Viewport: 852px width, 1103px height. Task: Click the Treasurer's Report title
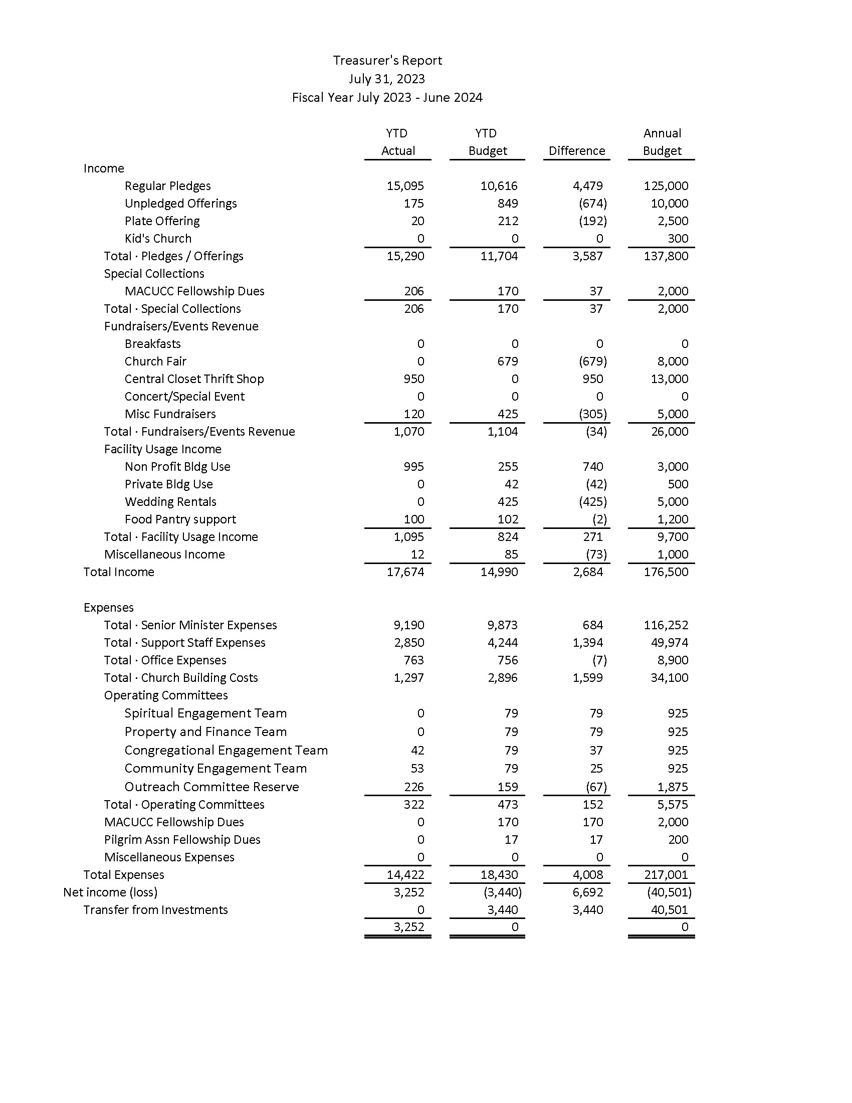pyautogui.click(x=387, y=61)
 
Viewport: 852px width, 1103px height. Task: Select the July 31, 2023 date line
pyautogui.click(x=386, y=79)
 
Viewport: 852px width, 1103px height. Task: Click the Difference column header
pyautogui.click(x=576, y=151)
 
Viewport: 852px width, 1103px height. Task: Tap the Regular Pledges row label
pyautogui.click(x=167, y=186)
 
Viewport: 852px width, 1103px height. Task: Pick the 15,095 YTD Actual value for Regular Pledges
pyautogui.click(x=405, y=186)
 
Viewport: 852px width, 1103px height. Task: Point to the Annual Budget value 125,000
pyautogui.click(x=666, y=186)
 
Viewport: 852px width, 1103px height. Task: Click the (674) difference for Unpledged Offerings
pyautogui.click(x=592, y=204)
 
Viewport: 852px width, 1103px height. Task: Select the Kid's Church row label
pyautogui.click(x=158, y=238)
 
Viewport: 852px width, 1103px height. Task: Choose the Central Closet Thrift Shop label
pyautogui.click(x=194, y=379)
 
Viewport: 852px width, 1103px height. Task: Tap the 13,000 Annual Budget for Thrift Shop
pyautogui.click(x=669, y=379)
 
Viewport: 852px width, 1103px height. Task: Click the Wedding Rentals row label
pyautogui.click(x=170, y=501)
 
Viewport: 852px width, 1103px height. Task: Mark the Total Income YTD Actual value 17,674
pyautogui.click(x=405, y=572)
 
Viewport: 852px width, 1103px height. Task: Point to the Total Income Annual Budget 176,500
pyautogui.click(x=666, y=572)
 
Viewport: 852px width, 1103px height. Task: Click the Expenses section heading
pyautogui.click(x=109, y=608)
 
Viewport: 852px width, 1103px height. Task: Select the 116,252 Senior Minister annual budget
pyautogui.click(x=666, y=625)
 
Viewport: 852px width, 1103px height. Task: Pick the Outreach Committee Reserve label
pyautogui.click(x=211, y=787)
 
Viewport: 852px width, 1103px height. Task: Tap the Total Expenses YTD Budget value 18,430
pyautogui.click(x=499, y=875)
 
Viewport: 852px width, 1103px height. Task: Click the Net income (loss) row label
pyautogui.click(x=110, y=892)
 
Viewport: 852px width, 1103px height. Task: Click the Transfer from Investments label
pyautogui.click(x=155, y=910)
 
